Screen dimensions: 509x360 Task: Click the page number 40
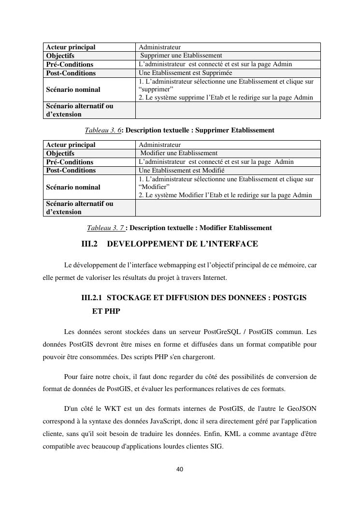(x=180, y=469)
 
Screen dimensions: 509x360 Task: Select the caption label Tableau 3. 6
(x=102, y=130)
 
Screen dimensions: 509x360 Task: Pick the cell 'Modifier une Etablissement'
(x=178, y=153)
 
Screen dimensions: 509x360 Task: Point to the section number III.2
(x=89, y=244)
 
